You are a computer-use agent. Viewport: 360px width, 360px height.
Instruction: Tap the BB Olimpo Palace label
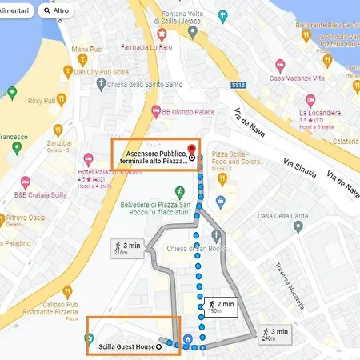click(190, 112)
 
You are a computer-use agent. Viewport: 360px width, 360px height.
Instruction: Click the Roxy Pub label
click(40, 101)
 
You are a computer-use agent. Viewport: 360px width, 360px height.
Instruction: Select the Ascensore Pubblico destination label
click(153, 154)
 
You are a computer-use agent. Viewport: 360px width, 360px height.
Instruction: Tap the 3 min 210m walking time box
click(126, 249)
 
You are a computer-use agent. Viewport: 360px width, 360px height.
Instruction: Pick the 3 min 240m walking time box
click(274, 334)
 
